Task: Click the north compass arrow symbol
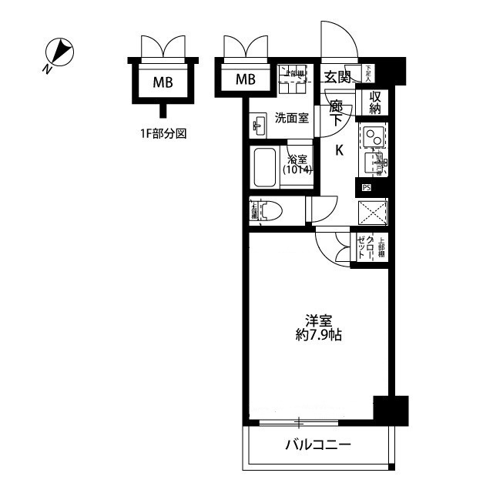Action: click(59, 55)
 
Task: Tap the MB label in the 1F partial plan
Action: click(162, 80)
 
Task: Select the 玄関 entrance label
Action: click(337, 76)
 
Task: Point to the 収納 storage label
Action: click(375, 102)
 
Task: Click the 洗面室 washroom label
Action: click(292, 118)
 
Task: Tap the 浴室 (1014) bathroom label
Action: click(297, 164)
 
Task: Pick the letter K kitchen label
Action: click(338, 151)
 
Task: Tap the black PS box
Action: click(366, 187)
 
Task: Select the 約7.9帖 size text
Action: click(318, 336)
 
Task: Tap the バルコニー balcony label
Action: click(318, 445)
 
